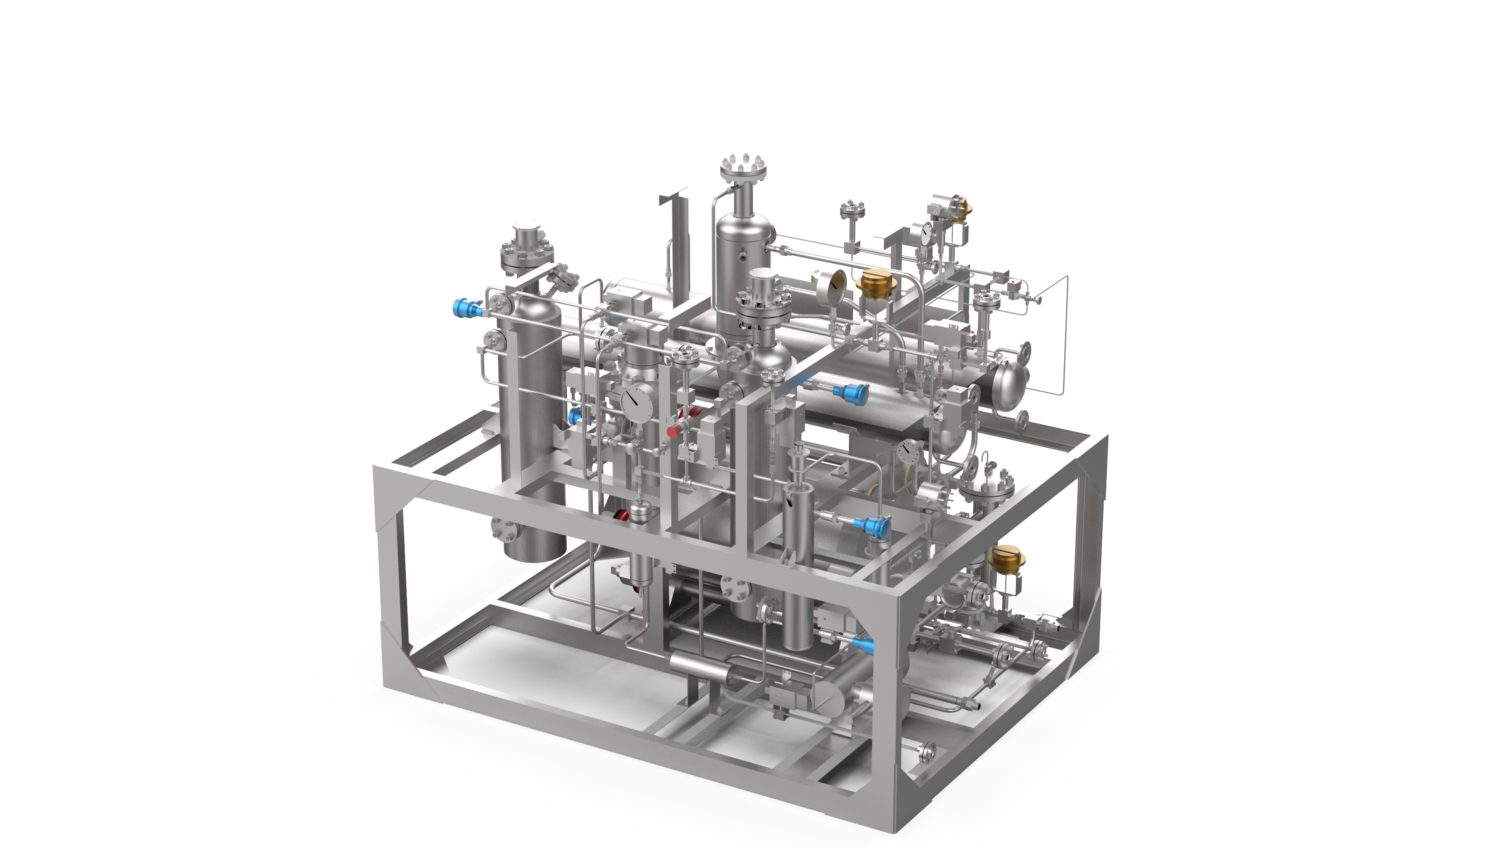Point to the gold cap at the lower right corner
1005,558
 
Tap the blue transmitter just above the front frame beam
876,525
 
